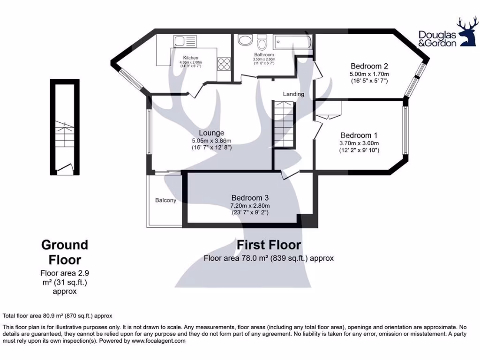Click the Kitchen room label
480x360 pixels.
pyautogui.click(x=190, y=58)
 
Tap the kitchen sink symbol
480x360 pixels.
pyautogui.click(x=180, y=40)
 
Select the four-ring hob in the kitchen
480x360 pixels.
pyautogui.click(x=224, y=63)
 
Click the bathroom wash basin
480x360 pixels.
pyautogui.click(x=245, y=40)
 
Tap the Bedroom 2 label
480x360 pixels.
pyautogui.click(x=369, y=66)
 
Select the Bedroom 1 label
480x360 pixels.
pyautogui.click(x=359, y=134)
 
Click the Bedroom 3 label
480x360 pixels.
pyautogui.click(x=250, y=197)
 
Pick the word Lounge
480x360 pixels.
pyautogui.click(x=211, y=133)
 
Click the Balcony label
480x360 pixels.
pyautogui.click(x=165, y=201)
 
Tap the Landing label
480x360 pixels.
pyautogui.click(x=293, y=94)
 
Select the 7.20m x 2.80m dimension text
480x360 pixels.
pyautogui.click(x=250, y=205)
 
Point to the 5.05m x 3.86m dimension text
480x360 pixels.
pyautogui.click(x=211, y=141)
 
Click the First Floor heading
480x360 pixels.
pyautogui.click(x=269, y=245)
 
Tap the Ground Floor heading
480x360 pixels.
pyautogui.click(x=65, y=252)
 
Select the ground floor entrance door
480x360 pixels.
pyautogui.click(x=63, y=167)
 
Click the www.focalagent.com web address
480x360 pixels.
pyautogui.click(x=158, y=341)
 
